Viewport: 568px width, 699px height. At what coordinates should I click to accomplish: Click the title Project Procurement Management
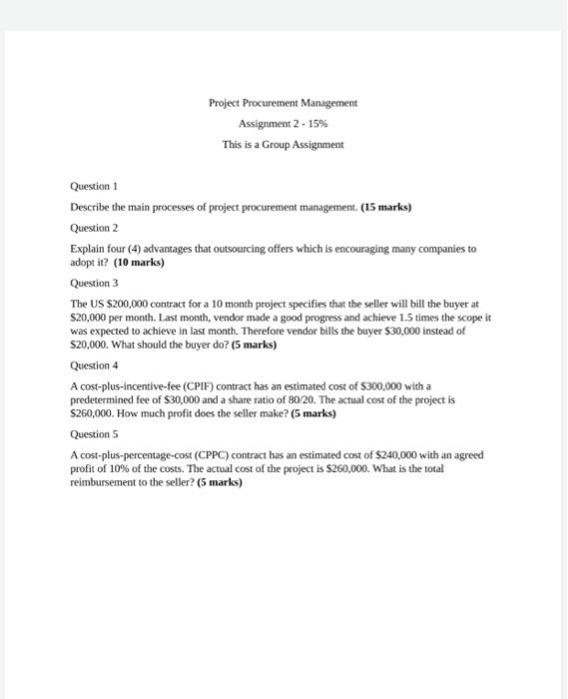[283, 103]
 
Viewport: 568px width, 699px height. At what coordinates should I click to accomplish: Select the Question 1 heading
[94, 186]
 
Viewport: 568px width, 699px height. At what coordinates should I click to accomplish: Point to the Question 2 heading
[94, 227]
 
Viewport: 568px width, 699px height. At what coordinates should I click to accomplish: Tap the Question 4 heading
[94, 365]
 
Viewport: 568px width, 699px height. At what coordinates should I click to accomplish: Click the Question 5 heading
[94, 434]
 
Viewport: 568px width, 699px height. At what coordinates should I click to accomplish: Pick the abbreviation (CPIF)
[211, 385]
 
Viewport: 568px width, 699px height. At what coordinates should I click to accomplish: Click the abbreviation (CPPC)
[228, 454]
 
